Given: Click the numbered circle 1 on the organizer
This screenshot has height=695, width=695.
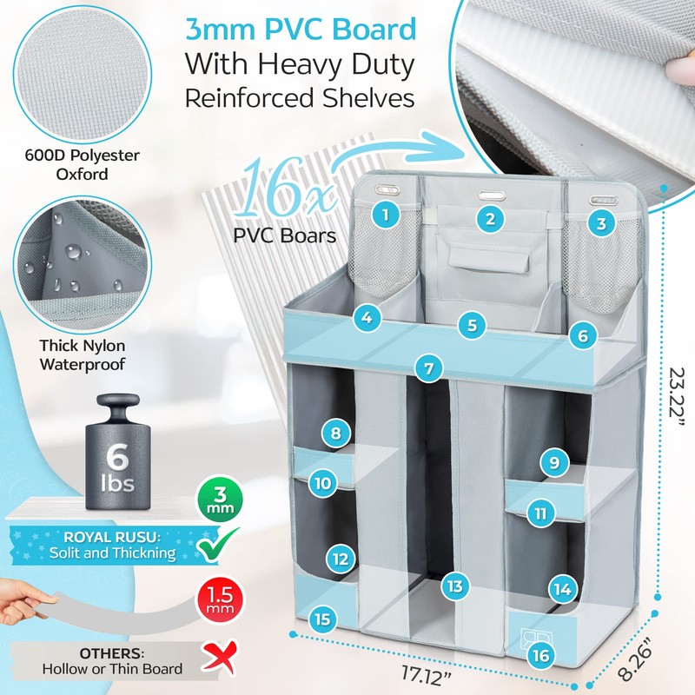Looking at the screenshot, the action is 385,215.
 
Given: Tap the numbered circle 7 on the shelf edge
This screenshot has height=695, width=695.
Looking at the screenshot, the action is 428,368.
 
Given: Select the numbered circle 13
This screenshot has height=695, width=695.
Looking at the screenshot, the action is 454,586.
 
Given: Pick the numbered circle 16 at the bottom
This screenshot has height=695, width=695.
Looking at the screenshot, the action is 540,655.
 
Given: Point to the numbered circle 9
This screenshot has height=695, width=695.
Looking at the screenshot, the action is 554,463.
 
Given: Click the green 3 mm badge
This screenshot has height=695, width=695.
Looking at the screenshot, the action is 221,498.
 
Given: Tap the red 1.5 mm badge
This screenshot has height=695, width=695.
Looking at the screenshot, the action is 221,601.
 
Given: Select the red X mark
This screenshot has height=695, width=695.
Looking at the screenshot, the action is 219,658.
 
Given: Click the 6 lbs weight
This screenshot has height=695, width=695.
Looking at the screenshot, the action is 118,452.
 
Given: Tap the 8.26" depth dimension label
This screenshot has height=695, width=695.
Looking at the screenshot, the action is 636,665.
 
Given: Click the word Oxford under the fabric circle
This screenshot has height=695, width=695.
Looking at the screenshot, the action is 82,174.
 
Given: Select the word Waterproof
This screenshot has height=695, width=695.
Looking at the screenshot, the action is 83,364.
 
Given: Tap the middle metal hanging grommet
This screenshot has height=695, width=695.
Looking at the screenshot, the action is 491,195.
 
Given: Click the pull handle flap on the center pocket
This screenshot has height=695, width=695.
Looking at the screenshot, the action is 489,260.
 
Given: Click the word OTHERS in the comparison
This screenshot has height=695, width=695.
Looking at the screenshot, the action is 112,653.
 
